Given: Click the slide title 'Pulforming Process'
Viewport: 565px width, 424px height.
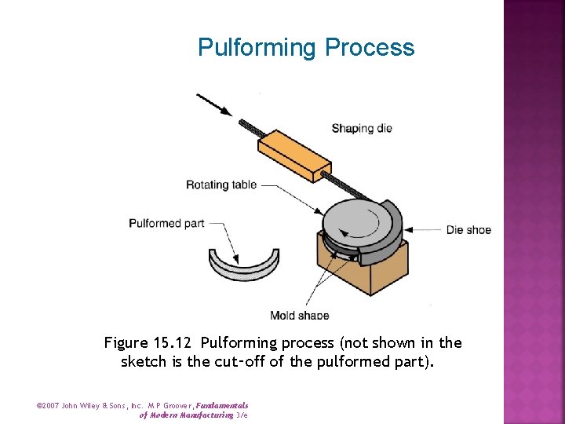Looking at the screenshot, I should tap(306, 47).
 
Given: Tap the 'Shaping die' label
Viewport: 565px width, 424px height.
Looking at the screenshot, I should tap(361, 128).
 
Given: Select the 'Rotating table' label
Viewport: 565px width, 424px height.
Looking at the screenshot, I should tap(221, 185).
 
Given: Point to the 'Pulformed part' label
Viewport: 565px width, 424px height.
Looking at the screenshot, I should tap(166, 224).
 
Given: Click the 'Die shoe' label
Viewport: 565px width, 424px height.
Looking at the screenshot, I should tap(468, 229).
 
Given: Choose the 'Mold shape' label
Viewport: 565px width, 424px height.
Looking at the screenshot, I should tap(300, 316).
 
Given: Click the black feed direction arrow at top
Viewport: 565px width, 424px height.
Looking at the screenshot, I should tap(213, 104).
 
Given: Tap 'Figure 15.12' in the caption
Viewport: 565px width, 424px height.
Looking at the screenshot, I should tap(149, 343).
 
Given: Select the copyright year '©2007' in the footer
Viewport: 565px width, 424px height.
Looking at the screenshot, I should tap(49, 406).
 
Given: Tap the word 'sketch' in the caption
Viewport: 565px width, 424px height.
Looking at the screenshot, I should tap(142, 362).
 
